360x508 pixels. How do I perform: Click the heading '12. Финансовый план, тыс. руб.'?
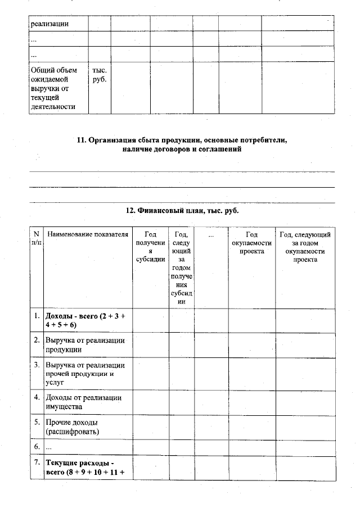point(181,210)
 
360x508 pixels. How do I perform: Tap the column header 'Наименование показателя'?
point(87,234)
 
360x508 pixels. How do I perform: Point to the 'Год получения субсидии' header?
point(151,247)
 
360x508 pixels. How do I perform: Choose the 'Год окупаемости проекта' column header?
point(251,243)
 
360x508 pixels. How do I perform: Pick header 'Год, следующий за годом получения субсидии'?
point(182,267)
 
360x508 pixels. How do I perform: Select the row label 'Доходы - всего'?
point(85,320)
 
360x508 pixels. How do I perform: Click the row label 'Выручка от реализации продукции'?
point(85,345)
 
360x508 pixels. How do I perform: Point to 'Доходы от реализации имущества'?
point(85,402)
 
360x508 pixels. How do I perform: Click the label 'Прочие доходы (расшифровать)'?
point(73,427)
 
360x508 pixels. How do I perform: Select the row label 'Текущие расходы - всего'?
point(85,467)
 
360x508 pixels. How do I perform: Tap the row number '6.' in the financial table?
point(37,447)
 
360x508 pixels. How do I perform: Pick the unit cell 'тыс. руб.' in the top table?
point(99,75)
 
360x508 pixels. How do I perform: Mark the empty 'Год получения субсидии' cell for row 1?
point(151,320)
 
